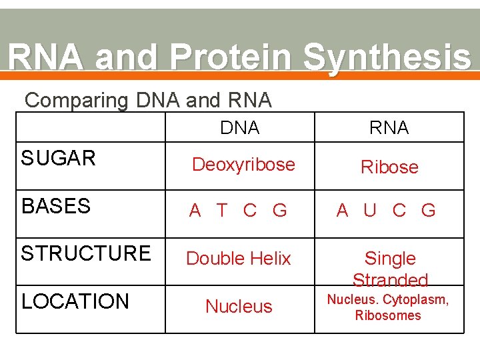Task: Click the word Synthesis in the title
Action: [387, 59]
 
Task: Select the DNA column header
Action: [239, 128]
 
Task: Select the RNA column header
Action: [389, 128]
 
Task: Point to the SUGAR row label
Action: [59, 159]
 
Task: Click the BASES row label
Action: [56, 207]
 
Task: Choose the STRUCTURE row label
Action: [86, 253]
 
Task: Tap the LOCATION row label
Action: [75, 301]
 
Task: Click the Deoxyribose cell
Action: [243, 165]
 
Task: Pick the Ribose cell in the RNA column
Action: [389, 167]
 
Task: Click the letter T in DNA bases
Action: [223, 211]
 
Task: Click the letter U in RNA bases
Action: [370, 211]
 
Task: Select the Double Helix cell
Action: [239, 259]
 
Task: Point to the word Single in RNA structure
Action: [390, 259]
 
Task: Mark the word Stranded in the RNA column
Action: [390, 280]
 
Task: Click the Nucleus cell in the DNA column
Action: [239, 307]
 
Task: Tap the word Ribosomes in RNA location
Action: [388, 316]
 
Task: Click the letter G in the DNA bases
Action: [280, 211]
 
